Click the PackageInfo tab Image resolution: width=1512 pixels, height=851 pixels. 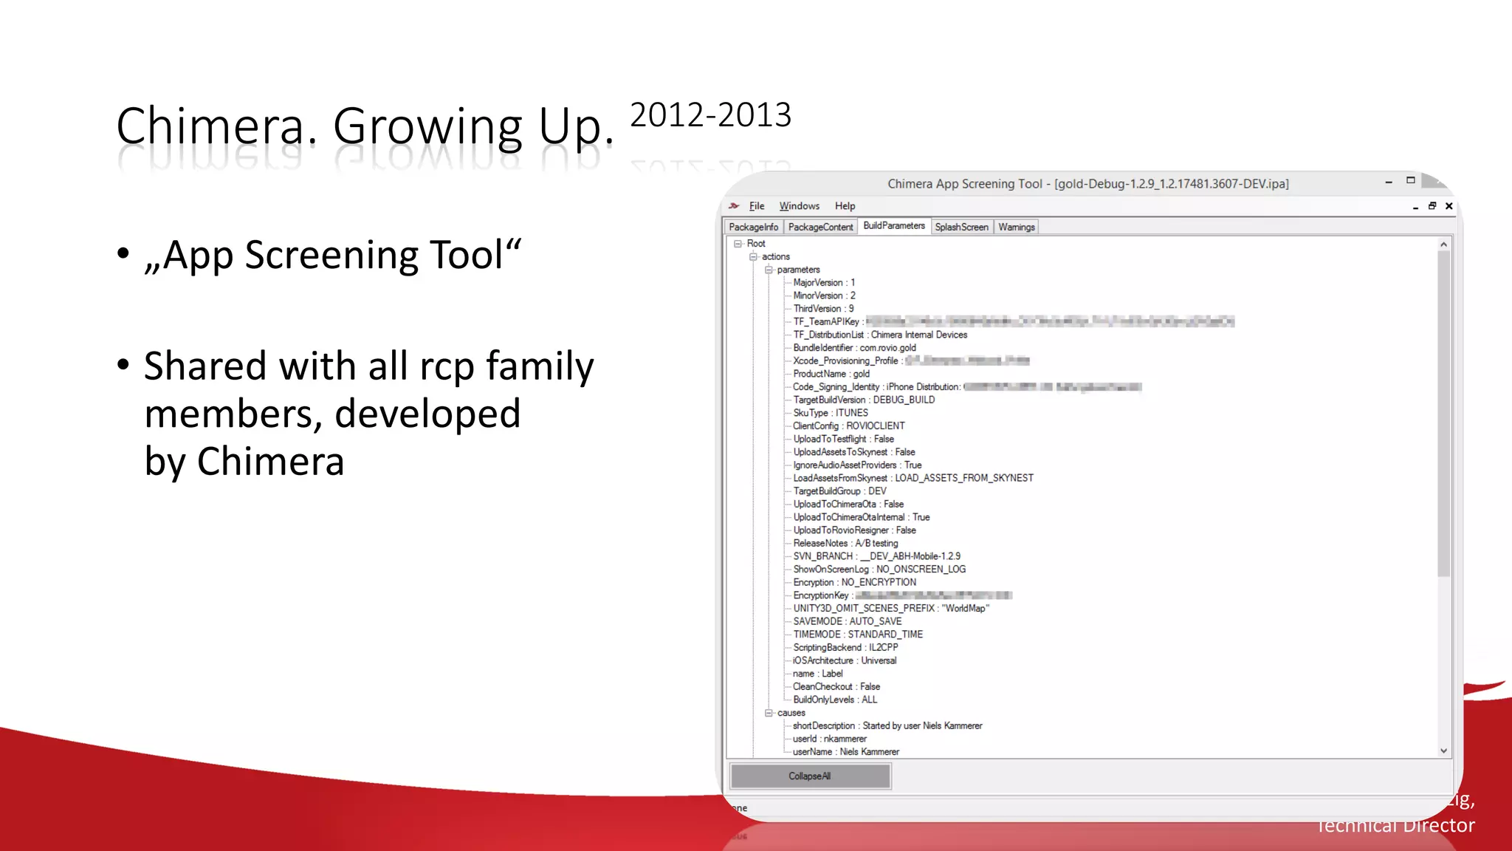tap(753, 227)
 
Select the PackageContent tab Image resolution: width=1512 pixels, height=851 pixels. tap(820, 227)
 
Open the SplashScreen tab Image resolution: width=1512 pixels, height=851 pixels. tap(961, 227)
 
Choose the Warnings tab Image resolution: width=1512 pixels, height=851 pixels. tap(1016, 227)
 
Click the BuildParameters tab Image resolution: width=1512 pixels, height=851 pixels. tap(893, 226)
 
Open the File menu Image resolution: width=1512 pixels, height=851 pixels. tap(757, 206)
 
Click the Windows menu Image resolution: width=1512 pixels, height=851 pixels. tap(799, 206)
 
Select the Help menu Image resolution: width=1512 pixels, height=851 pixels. tap(845, 206)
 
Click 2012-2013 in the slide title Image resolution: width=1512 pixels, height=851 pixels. tap(710, 115)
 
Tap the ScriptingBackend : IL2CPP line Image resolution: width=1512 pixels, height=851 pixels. tap(845, 647)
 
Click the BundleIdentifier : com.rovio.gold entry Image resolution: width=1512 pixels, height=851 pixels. tap(854, 348)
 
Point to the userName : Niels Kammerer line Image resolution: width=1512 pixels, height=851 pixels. tap(845, 752)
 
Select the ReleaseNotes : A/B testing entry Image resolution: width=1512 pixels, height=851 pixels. tap(845, 543)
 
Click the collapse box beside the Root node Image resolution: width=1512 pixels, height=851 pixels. tap(738, 244)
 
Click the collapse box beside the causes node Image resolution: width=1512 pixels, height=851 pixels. tap(769, 713)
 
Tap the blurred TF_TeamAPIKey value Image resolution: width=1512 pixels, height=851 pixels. tap(1049, 321)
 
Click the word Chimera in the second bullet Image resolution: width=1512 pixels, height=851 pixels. tap(270, 462)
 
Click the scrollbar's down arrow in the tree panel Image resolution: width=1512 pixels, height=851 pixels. tap(1443, 751)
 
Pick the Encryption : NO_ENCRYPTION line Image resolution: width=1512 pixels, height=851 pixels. tap(854, 582)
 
